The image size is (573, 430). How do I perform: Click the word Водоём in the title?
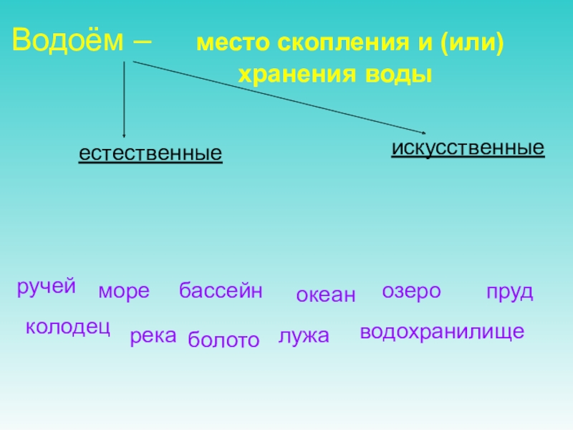click(x=68, y=41)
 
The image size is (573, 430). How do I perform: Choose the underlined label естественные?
click(x=150, y=153)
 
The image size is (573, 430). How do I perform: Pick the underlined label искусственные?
click(x=468, y=148)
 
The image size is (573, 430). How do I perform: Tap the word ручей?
click(x=47, y=288)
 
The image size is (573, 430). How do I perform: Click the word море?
click(x=124, y=292)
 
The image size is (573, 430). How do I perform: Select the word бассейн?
click(x=221, y=291)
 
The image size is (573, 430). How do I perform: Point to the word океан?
click(x=326, y=295)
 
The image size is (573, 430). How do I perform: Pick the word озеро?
click(x=412, y=291)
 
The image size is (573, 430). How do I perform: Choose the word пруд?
click(x=509, y=292)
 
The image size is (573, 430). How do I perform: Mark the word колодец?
click(x=67, y=328)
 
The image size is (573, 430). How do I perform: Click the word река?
click(x=153, y=336)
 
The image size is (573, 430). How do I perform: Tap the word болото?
click(x=223, y=340)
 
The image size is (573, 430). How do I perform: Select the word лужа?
click(x=304, y=335)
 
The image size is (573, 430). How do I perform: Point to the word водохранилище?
click(x=442, y=332)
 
